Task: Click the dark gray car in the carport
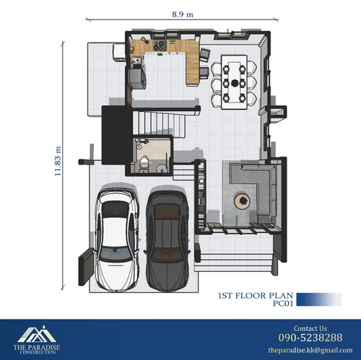[x=168, y=240]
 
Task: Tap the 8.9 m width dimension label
[x=183, y=14]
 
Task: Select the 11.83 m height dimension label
[x=58, y=161]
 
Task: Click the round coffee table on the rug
[x=243, y=201]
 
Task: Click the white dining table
[x=235, y=82]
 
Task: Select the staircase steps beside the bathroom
[x=159, y=123]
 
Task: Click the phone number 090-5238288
[x=310, y=338]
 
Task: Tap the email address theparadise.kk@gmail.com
[x=310, y=350]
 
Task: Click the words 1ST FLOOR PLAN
[x=256, y=296]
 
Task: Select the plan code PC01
[x=283, y=303]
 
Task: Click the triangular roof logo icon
[x=37, y=334]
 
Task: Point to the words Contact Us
[x=310, y=328]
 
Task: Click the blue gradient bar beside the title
[x=319, y=299]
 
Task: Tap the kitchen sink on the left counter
[x=136, y=60]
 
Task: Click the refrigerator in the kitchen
[x=137, y=79]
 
